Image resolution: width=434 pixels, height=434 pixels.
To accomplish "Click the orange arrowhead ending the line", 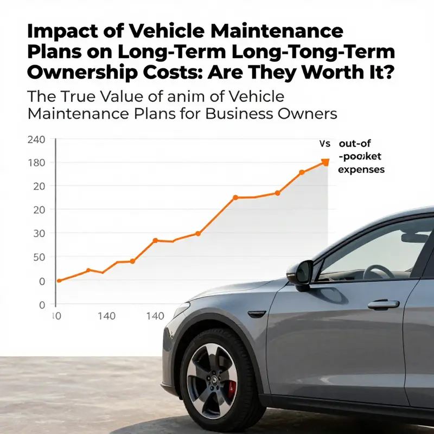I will point(325,162).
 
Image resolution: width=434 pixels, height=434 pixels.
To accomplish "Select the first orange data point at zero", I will point(59,280).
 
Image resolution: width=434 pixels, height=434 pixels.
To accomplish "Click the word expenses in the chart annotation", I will point(361,170).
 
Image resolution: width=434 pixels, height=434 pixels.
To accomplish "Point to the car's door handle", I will point(383,304).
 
